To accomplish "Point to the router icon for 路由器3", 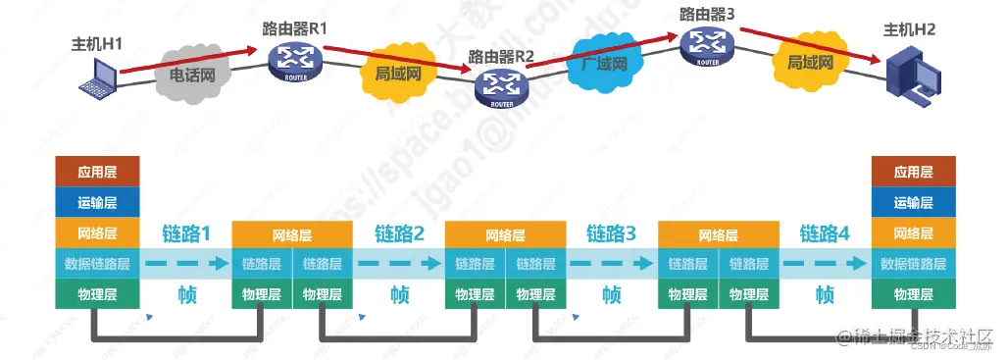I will click(x=707, y=44).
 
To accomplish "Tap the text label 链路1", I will click(x=186, y=234).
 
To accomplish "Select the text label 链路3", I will click(x=612, y=234).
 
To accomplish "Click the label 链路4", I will click(x=825, y=234).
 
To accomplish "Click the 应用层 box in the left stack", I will click(x=98, y=172).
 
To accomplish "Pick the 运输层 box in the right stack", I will click(x=912, y=203).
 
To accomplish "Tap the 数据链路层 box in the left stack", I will click(x=98, y=264).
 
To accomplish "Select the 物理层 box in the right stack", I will click(x=912, y=294).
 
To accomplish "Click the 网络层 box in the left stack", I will click(x=98, y=233).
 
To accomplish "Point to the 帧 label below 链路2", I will click(x=399, y=294).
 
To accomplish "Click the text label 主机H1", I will click(x=95, y=45).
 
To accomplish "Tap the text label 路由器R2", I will click(x=501, y=56).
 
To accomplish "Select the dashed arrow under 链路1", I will click(x=186, y=264).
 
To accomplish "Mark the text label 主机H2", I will click(x=910, y=30).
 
